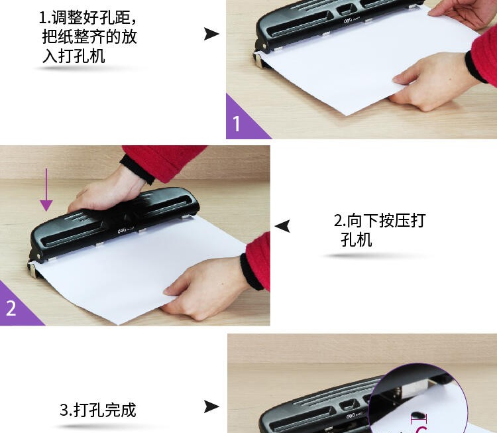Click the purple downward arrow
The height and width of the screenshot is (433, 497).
(x=46, y=190)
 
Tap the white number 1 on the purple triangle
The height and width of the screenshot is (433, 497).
(x=237, y=123)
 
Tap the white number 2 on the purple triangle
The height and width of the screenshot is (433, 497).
(x=11, y=308)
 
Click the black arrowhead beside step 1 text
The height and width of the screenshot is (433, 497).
(x=211, y=34)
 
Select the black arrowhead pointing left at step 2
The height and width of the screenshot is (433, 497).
(x=282, y=226)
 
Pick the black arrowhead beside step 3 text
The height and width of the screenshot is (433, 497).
(x=211, y=406)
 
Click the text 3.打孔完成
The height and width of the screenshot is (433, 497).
(x=98, y=410)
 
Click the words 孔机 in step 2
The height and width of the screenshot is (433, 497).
(x=357, y=239)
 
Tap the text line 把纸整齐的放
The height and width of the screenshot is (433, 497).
(x=89, y=36)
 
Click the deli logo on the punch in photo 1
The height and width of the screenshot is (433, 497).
(x=348, y=21)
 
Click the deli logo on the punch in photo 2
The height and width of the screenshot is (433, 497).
(x=122, y=231)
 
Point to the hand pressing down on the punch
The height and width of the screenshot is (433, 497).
(x=106, y=190)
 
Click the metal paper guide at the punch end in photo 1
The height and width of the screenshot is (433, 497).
(x=260, y=60)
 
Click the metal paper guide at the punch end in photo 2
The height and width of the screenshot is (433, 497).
(x=32, y=270)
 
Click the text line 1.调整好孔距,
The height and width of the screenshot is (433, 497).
(x=88, y=17)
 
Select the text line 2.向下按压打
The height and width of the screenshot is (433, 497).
(x=380, y=220)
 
